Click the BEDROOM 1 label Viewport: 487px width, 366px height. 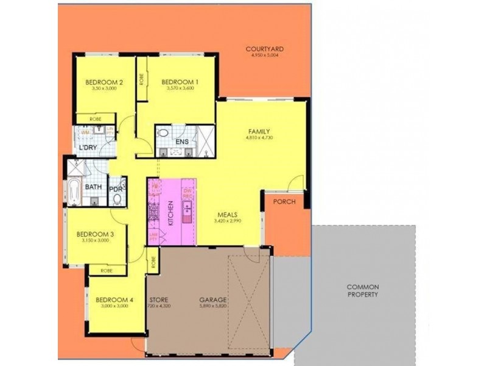tap(180, 81)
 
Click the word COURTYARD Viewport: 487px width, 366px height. tap(265, 49)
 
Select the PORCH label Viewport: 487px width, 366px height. tap(284, 202)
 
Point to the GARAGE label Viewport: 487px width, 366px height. tap(213, 300)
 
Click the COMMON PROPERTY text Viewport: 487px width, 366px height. tap(363, 290)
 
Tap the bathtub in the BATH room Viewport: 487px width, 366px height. tap(74, 192)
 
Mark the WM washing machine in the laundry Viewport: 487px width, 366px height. tap(85, 131)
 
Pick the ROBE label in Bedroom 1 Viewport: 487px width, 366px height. tap(141, 79)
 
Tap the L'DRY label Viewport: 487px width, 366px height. tap(89, 147)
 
